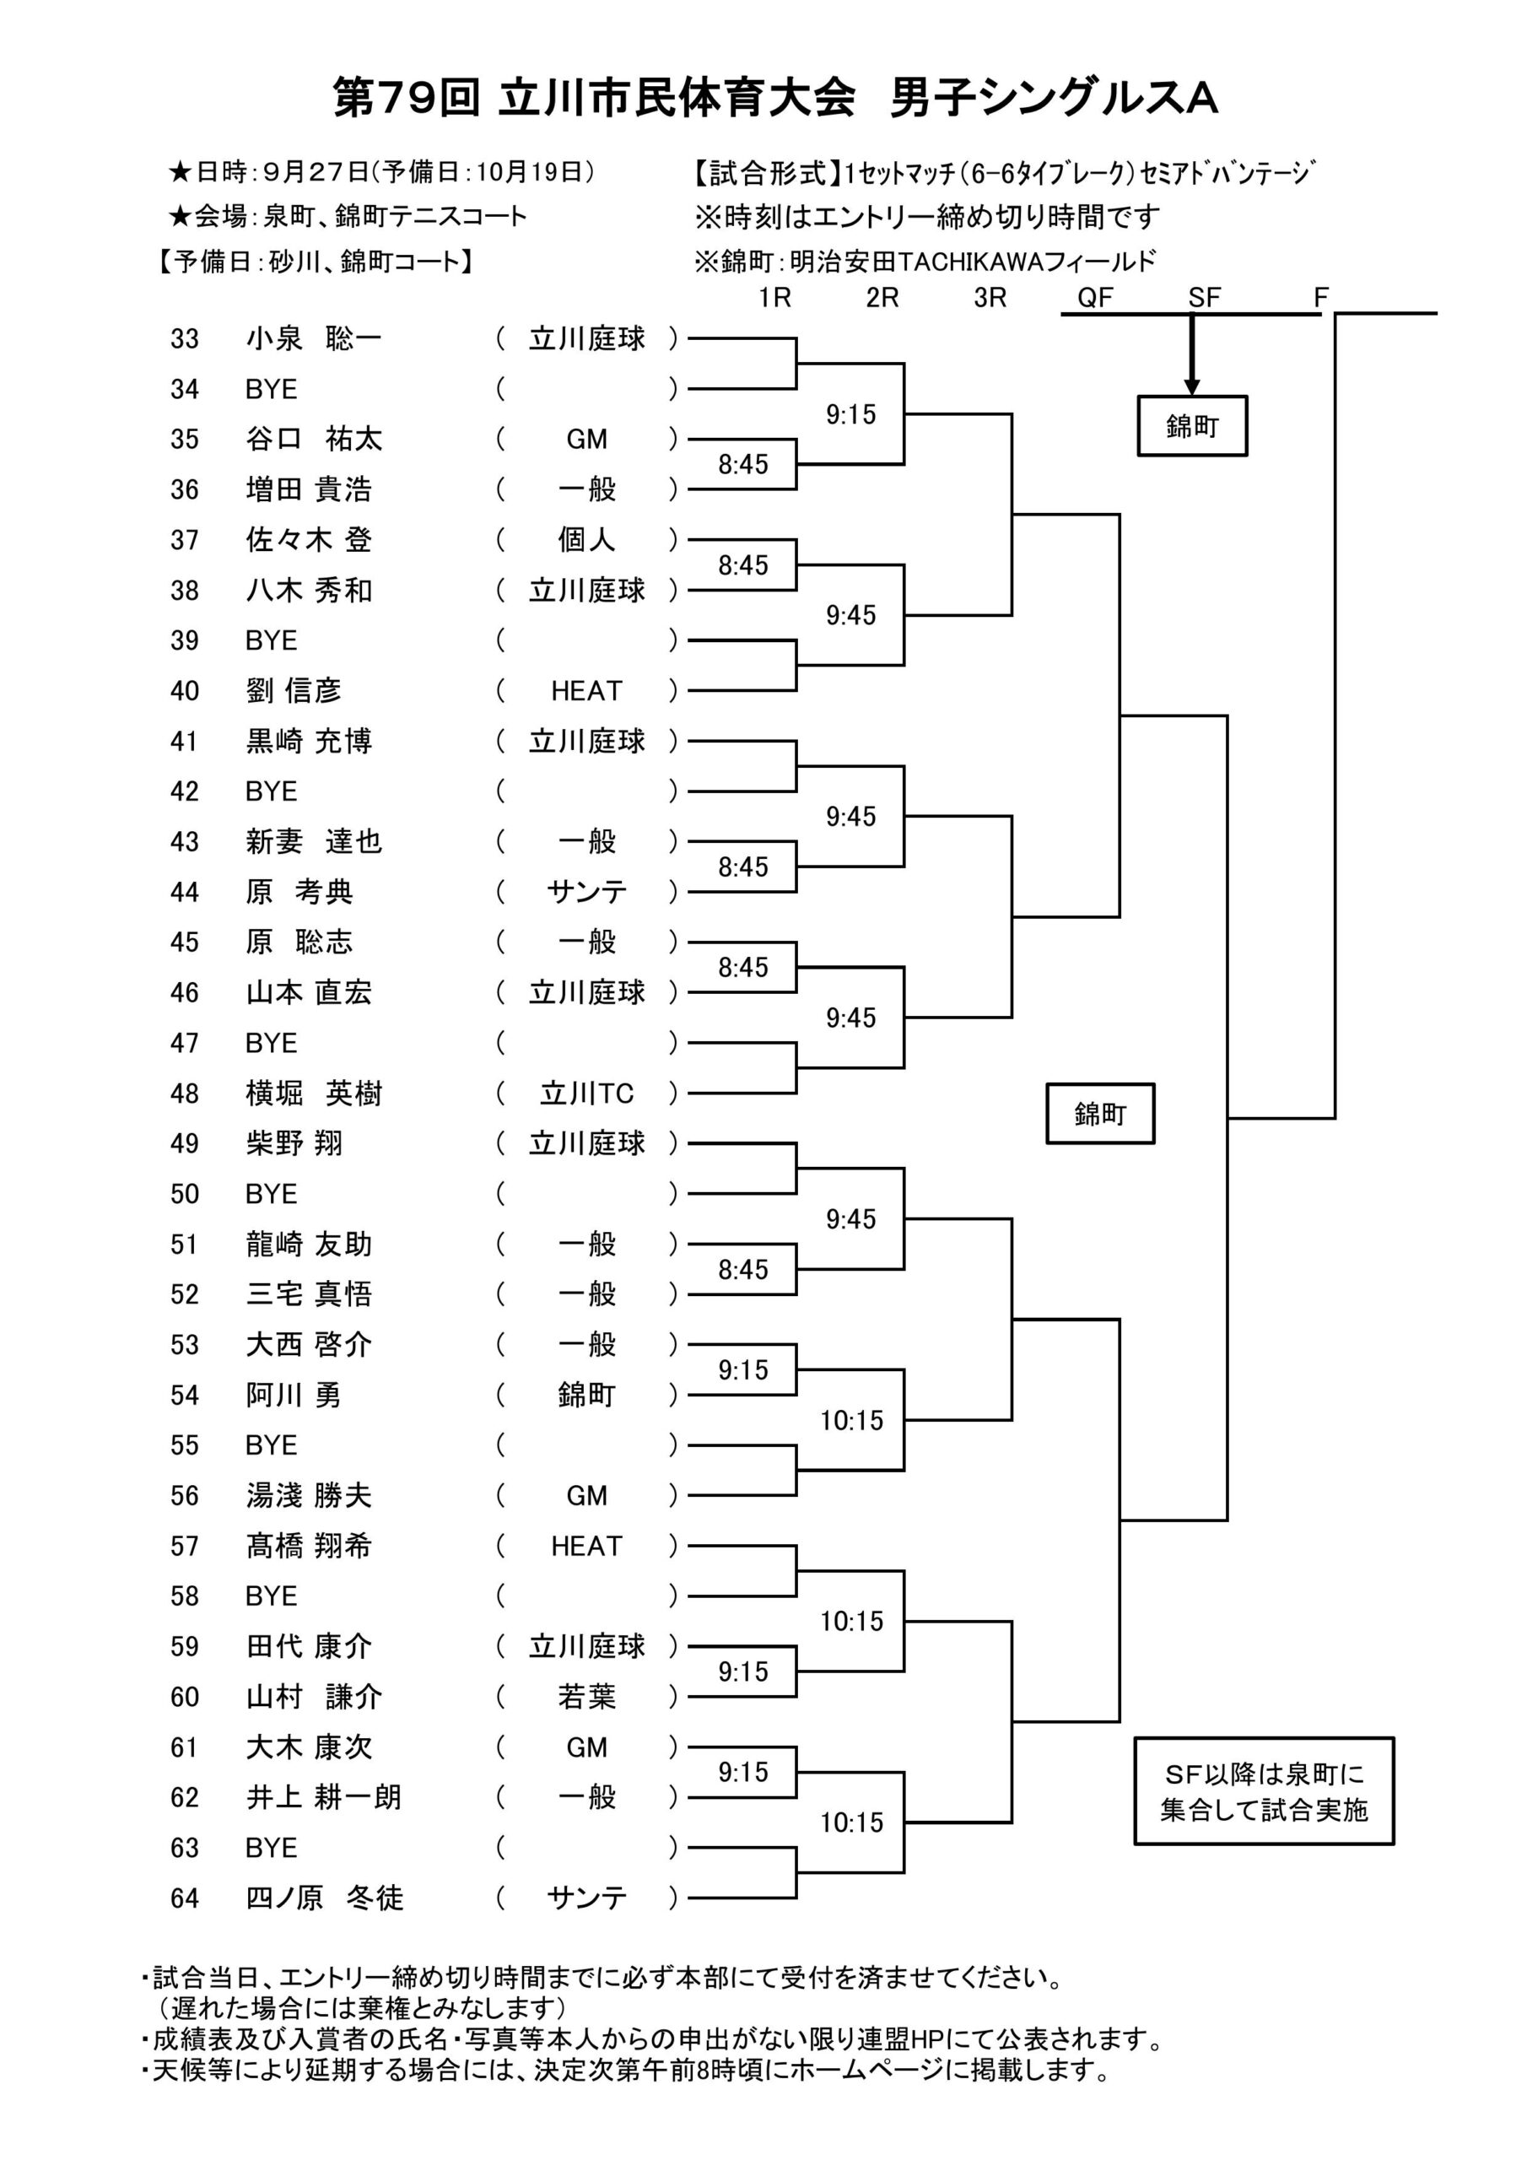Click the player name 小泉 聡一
pyautogui.click(x=313, y=338)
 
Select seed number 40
pyautogui.click(x=185, y=690)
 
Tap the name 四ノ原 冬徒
pyautogui.click(x=324, y=1898)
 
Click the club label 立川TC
pyautogui.click(x=586, y=1093)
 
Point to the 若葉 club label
pyautogui.click(x=586, y=1696)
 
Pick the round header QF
pyautogui.click(x=1095, y=298)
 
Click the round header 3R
pyautogui.click(x=990, y=298)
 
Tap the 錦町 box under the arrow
pyautogui.click(x=1192, y=426)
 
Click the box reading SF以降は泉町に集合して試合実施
pyautogui.click(x=1264, y=1791)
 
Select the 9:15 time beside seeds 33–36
pyautogui.click(x=850, y=414)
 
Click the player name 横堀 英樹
pyautogui.click(x=313, y=1093)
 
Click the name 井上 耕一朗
pyautogui.click(x=324, y=1797)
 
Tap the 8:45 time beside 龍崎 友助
pyautogui.click(x=743, y=1269)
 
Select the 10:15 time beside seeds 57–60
pyautogui.click(x=851, y=1621)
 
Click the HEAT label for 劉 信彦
pyautogui.click(x=586, y=690)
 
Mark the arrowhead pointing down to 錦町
pyautogui.click(x=1191, y=386)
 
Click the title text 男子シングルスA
pyautogui.click(x=1054, y=98)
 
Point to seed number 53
pyautogui.click(x=185, y=1344)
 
